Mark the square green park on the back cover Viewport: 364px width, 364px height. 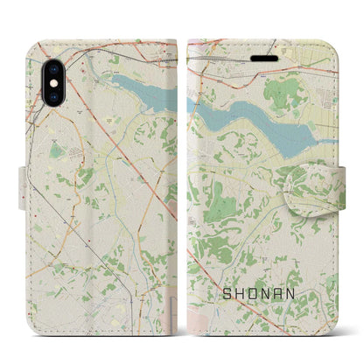click(x=56, y=150)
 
